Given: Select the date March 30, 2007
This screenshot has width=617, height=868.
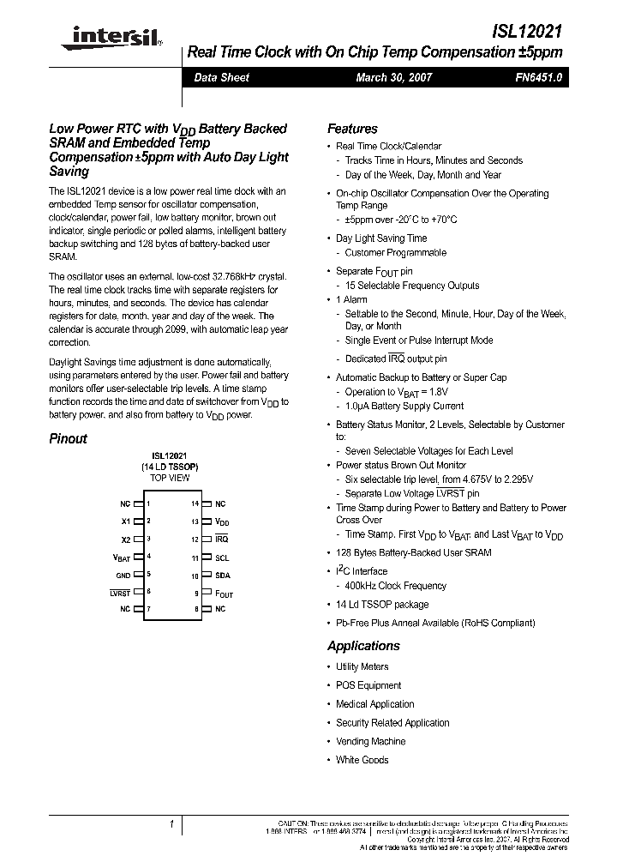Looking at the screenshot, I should (394, 77).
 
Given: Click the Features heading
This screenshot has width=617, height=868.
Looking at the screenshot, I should (352, 129).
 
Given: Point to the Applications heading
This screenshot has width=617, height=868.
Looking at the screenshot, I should (363, 646).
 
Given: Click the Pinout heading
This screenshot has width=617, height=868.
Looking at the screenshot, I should (68, 438).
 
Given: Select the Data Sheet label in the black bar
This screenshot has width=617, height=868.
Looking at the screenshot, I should (221, 77).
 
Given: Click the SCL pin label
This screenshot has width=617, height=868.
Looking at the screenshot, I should (222, 558).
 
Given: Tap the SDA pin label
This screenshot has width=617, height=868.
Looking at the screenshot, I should (222, 575).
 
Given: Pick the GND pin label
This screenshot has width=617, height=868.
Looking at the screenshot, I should (123, 575).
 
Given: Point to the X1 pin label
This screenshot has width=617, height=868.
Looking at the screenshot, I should (126, 521).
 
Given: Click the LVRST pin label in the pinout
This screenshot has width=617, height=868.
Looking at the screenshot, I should (120, 593).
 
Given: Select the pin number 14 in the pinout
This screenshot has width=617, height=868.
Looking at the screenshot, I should (195, 504).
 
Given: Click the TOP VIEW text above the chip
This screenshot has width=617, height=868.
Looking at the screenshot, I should (170, 479).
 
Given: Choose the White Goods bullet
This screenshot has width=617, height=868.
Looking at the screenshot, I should (362, 760).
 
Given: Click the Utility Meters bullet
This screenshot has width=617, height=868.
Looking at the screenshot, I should (362, 666).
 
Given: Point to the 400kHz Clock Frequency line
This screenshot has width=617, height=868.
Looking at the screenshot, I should (395, 586).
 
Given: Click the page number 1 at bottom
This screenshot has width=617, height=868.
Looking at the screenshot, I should (171, 824).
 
